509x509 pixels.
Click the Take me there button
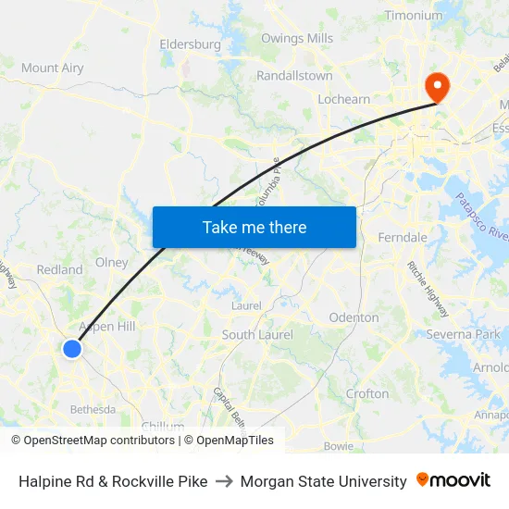tap(254, 227)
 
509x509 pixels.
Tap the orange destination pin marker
tap(436, 86)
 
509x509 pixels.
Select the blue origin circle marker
tap(72, 349)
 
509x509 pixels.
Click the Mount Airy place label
tap(52, 68)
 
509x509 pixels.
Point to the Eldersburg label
tap(190, 43)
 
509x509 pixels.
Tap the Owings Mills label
tap(296, 38)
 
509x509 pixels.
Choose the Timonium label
tap(413, 16)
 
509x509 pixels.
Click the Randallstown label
tap(294, 75)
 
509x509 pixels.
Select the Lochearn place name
tap(343, 99)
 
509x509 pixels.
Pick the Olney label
tap(112, 262)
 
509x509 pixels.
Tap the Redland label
tap(59, 269)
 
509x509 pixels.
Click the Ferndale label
tap(403, 238)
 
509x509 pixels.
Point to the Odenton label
tap(354, 317)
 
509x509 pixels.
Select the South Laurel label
tap(257, 334)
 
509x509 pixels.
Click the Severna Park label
tap(463, 333)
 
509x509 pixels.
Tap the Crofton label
tap(366, 393)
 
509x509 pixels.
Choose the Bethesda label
tap(93, 409)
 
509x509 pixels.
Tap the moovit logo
tap(453, 480)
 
